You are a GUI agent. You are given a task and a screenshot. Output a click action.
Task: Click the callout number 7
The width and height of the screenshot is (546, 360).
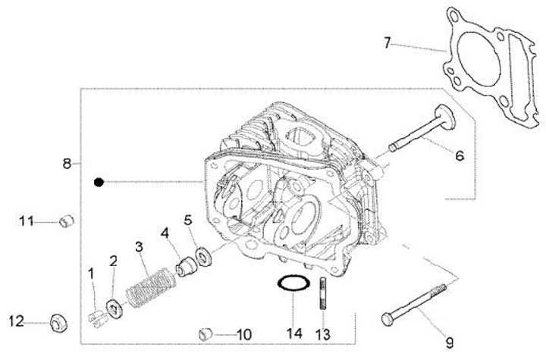click(x=388, y=42)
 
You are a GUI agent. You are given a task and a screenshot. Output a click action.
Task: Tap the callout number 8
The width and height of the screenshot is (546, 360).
click(x=67, y=163)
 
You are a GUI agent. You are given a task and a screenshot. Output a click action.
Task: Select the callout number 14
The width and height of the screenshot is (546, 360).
click(x=294, y=333)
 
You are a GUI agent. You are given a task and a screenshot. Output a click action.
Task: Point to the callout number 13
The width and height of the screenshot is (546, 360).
click(x=322, y=334)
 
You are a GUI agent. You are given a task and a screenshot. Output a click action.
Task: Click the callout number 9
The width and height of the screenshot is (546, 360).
click(x=450, y=343)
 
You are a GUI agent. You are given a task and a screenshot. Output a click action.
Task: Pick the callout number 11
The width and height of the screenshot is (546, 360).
click(x=27, y=221)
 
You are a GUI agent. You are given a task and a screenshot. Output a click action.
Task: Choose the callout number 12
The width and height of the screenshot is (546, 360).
click(x=17, y=321)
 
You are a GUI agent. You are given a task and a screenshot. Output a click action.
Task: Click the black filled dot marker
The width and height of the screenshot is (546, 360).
click(x=99, y=182)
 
